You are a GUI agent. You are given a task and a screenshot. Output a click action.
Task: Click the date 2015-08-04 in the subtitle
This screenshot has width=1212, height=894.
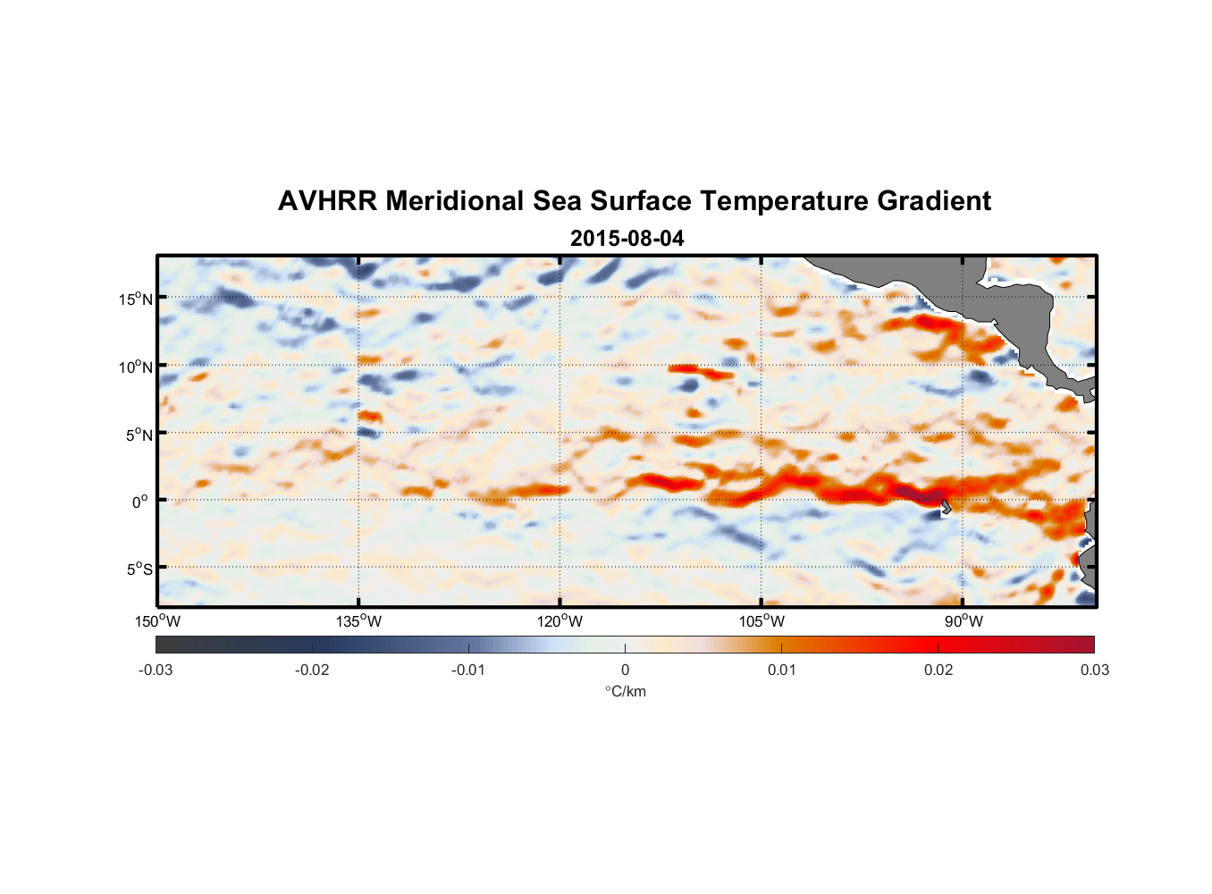[x=627, y=239]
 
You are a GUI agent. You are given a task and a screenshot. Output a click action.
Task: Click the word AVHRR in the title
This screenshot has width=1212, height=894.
[x=327, y=201]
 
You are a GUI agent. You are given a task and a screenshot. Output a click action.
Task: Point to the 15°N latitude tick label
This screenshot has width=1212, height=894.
[x=136, y=299]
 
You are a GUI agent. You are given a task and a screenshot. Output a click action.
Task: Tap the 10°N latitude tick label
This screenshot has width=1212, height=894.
[x=136, y=367]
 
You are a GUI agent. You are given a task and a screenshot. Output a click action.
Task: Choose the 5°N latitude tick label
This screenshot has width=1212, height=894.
[x=139, y=434]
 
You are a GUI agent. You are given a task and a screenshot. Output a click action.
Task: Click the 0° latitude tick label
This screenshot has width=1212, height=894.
[x=140, y=502]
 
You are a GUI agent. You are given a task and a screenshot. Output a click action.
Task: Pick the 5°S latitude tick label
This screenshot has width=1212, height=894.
[x=139, y=569]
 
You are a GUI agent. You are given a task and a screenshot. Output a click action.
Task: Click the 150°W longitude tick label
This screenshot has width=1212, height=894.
[x=157, y=621]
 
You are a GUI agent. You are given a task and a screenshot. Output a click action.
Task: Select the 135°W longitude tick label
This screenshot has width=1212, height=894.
[x=358, y=621]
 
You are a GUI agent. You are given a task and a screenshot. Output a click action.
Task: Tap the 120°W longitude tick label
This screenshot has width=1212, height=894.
[x=560, y=621]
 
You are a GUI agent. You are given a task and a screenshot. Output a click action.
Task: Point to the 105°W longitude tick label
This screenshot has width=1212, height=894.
[x=762, y=621]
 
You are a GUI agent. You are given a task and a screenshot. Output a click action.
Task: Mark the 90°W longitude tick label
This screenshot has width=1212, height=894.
[x=964, y=621]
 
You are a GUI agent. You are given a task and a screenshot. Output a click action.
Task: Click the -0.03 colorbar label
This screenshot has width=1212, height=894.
[x=156, y=670]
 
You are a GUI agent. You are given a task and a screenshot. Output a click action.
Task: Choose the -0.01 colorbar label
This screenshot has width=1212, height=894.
[x=467, y=670]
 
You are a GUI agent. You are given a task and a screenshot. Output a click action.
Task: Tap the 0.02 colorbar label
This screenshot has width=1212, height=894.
[x=938, y=670]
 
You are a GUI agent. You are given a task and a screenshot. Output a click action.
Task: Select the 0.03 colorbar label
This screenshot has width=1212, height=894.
[x=1094, y=670]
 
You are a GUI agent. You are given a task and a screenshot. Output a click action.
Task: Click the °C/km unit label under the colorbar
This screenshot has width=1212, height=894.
[x=625, y=691]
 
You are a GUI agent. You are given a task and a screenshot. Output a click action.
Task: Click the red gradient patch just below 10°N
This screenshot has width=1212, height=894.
[x=702, y=370]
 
